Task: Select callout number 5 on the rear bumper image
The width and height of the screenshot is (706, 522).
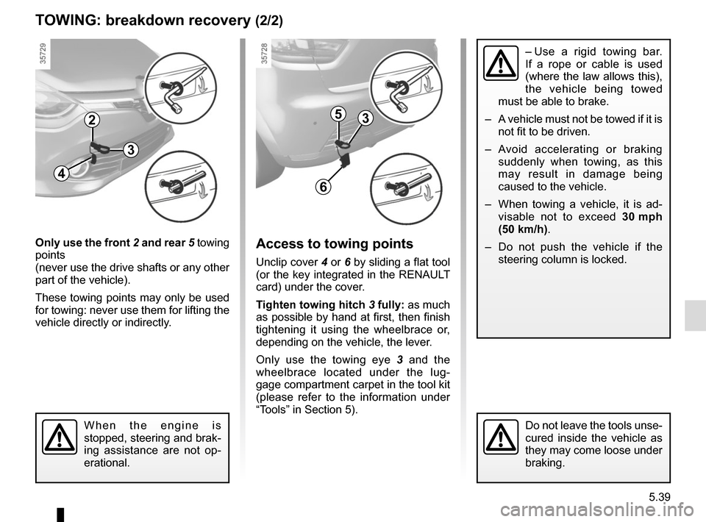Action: [338, 113]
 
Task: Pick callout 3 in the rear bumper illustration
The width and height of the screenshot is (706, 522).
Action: [366, 118]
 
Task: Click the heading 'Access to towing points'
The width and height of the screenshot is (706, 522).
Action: [335, 244]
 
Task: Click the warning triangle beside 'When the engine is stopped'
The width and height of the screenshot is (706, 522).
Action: [58, 438]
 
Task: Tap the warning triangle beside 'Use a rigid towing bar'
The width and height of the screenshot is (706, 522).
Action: [500, 64]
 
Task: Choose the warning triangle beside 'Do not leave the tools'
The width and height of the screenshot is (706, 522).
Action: [500, 438]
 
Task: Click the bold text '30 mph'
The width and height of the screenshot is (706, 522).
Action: [638, 217]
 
